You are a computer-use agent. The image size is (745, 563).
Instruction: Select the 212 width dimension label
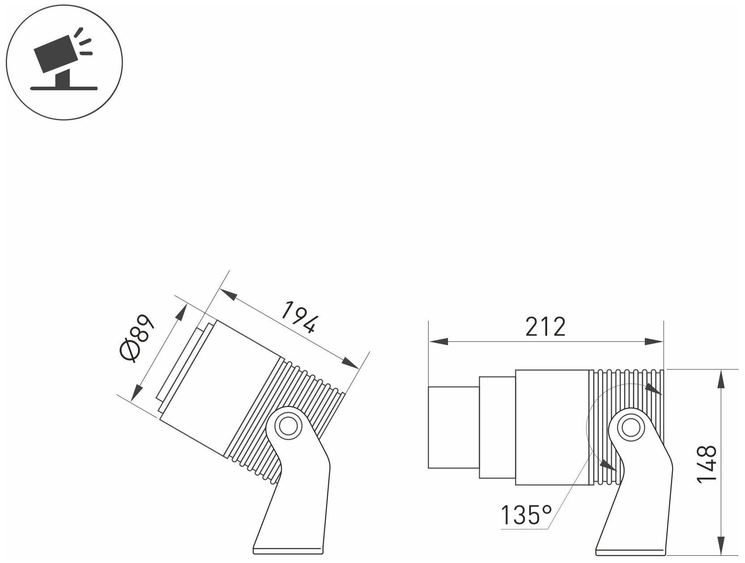[x=545, y=328]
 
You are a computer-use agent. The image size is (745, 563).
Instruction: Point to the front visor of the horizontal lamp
[x=453, y=427]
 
